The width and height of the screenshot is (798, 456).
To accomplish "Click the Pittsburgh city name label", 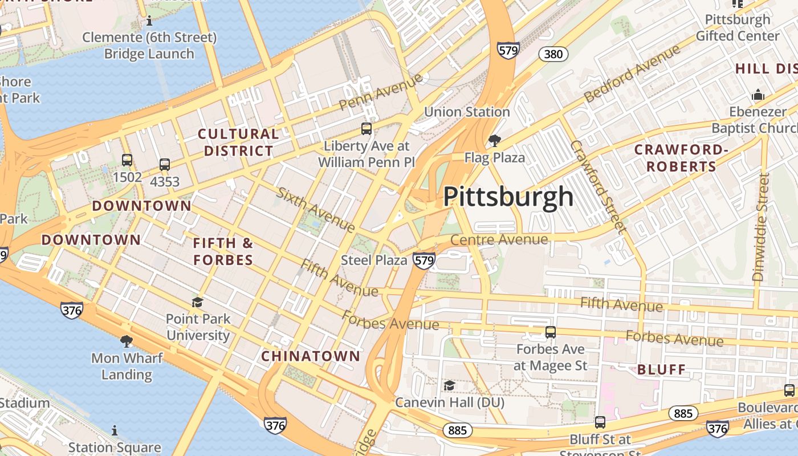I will [x=508, y=197].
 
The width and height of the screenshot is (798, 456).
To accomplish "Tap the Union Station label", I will [x=467, y=112].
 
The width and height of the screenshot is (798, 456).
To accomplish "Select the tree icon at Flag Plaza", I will [x=495, y=140].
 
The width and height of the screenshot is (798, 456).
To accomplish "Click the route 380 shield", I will [x=553, y=54].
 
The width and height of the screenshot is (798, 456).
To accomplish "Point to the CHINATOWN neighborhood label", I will [x=311, y=356].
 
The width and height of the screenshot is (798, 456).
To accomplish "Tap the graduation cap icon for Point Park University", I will [x=198, y=302].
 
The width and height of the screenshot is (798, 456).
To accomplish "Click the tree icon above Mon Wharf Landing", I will [x=127, y=341].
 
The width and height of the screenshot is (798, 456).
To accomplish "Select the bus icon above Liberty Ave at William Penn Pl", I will [x=367, y=129].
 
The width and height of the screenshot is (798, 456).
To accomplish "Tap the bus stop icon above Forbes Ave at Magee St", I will [x=550, y=332].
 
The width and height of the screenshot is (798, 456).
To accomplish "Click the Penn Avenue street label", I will [x=381, y=92].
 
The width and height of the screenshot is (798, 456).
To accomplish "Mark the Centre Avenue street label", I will [x=499, y=239].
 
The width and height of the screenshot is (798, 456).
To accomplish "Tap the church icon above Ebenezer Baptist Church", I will [x=758, y=94].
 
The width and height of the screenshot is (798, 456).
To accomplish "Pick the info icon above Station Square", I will [x=115, y=430].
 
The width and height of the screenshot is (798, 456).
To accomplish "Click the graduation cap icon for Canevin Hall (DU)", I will [x=449, y=386].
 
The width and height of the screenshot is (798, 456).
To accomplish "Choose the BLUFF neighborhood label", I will [x=661, y=369].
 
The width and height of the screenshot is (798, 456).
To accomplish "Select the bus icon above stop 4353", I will [x=165, y=165].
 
